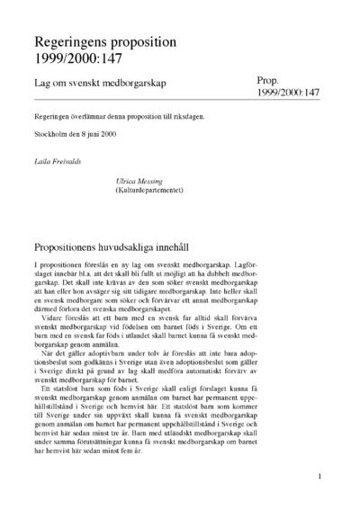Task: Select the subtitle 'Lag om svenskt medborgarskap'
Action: (x=102, y=83)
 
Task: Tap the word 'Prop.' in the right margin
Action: (x=272, y=80)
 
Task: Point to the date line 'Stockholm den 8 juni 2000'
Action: (x=76, y=134)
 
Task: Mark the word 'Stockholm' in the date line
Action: (x=51, y=134)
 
